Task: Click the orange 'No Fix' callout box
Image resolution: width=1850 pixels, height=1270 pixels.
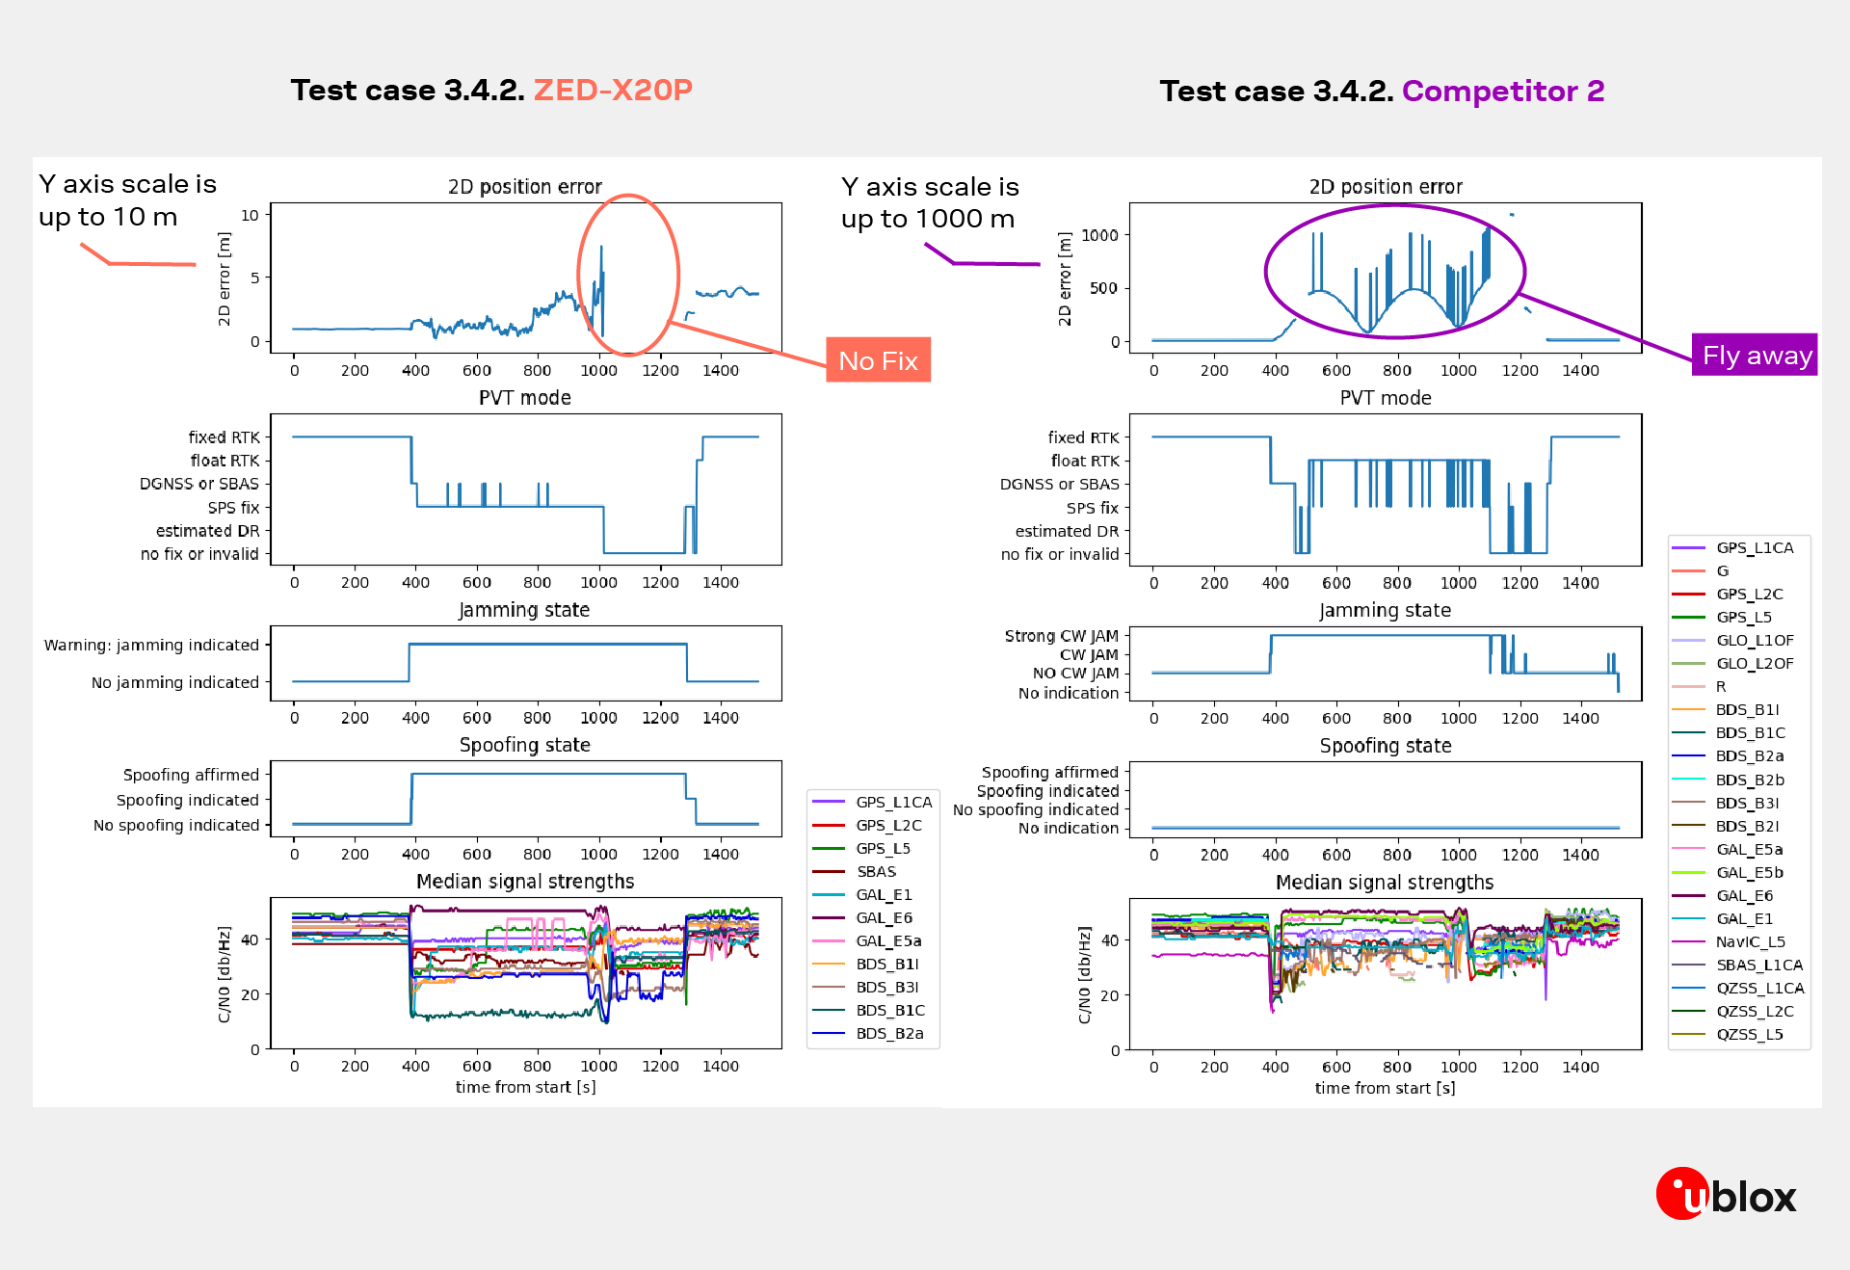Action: [878, 360]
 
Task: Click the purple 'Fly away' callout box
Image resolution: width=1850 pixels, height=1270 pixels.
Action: [1755, 356]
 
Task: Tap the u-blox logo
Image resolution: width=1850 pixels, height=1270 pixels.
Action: [1726, 1195]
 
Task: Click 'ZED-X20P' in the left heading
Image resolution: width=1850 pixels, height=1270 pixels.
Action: [613, 90]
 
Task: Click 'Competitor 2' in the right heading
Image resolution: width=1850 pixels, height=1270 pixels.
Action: [1502, 91]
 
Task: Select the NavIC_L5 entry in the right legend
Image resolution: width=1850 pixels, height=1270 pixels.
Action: [1750, 941]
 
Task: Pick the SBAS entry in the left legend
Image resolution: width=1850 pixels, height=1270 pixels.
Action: [876, 871]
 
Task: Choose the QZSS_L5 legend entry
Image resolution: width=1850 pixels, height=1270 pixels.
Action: [1749, 1034]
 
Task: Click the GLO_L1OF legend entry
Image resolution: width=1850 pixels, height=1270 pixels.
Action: [1754, 640]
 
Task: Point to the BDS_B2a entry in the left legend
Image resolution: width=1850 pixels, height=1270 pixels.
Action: [889, 1033]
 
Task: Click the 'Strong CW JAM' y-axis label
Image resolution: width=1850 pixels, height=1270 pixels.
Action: [1061, 636]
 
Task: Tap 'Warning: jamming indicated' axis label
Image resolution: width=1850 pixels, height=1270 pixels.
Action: [151, 645]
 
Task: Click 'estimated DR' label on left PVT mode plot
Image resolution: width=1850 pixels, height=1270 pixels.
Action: [207, 531]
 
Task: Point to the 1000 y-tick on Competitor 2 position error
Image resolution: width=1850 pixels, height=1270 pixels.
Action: [1099, 235]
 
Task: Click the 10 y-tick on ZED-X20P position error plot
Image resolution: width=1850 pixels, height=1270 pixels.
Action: [250, 215]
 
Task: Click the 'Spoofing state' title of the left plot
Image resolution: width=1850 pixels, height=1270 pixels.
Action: [524, 745]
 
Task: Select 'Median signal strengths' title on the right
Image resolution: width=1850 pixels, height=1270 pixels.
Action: [1384, 882]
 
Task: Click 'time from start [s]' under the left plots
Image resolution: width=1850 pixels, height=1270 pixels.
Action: [525, 1087]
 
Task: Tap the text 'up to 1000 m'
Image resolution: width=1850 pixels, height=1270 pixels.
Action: [927, 219]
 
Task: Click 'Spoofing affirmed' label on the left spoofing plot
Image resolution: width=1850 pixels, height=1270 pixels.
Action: [191, 775]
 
